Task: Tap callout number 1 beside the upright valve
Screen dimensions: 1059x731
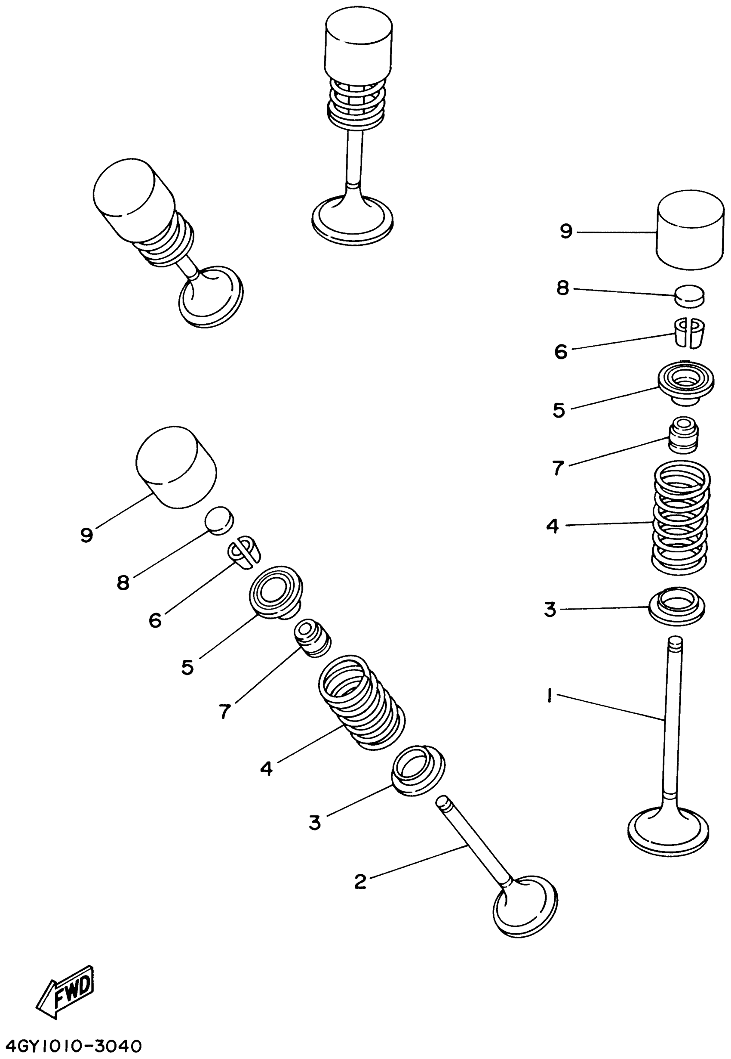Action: (x=548, y=697)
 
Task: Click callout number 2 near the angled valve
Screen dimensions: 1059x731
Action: (x=360, y=881)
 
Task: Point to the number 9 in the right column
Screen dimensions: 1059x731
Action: (x=567, y=232)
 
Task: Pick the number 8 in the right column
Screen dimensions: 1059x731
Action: (x=563, y=288)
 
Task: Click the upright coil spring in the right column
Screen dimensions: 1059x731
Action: (x=681, y=517)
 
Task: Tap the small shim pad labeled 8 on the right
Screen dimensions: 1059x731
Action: (x=690, y=295)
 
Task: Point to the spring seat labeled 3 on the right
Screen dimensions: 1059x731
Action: (x=677, y=607)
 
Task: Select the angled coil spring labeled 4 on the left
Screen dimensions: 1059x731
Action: (x=361, y=706)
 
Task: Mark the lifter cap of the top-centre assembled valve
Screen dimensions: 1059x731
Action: (x=359, y=46)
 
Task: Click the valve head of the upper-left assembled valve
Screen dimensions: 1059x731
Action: (x=211, y=295)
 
